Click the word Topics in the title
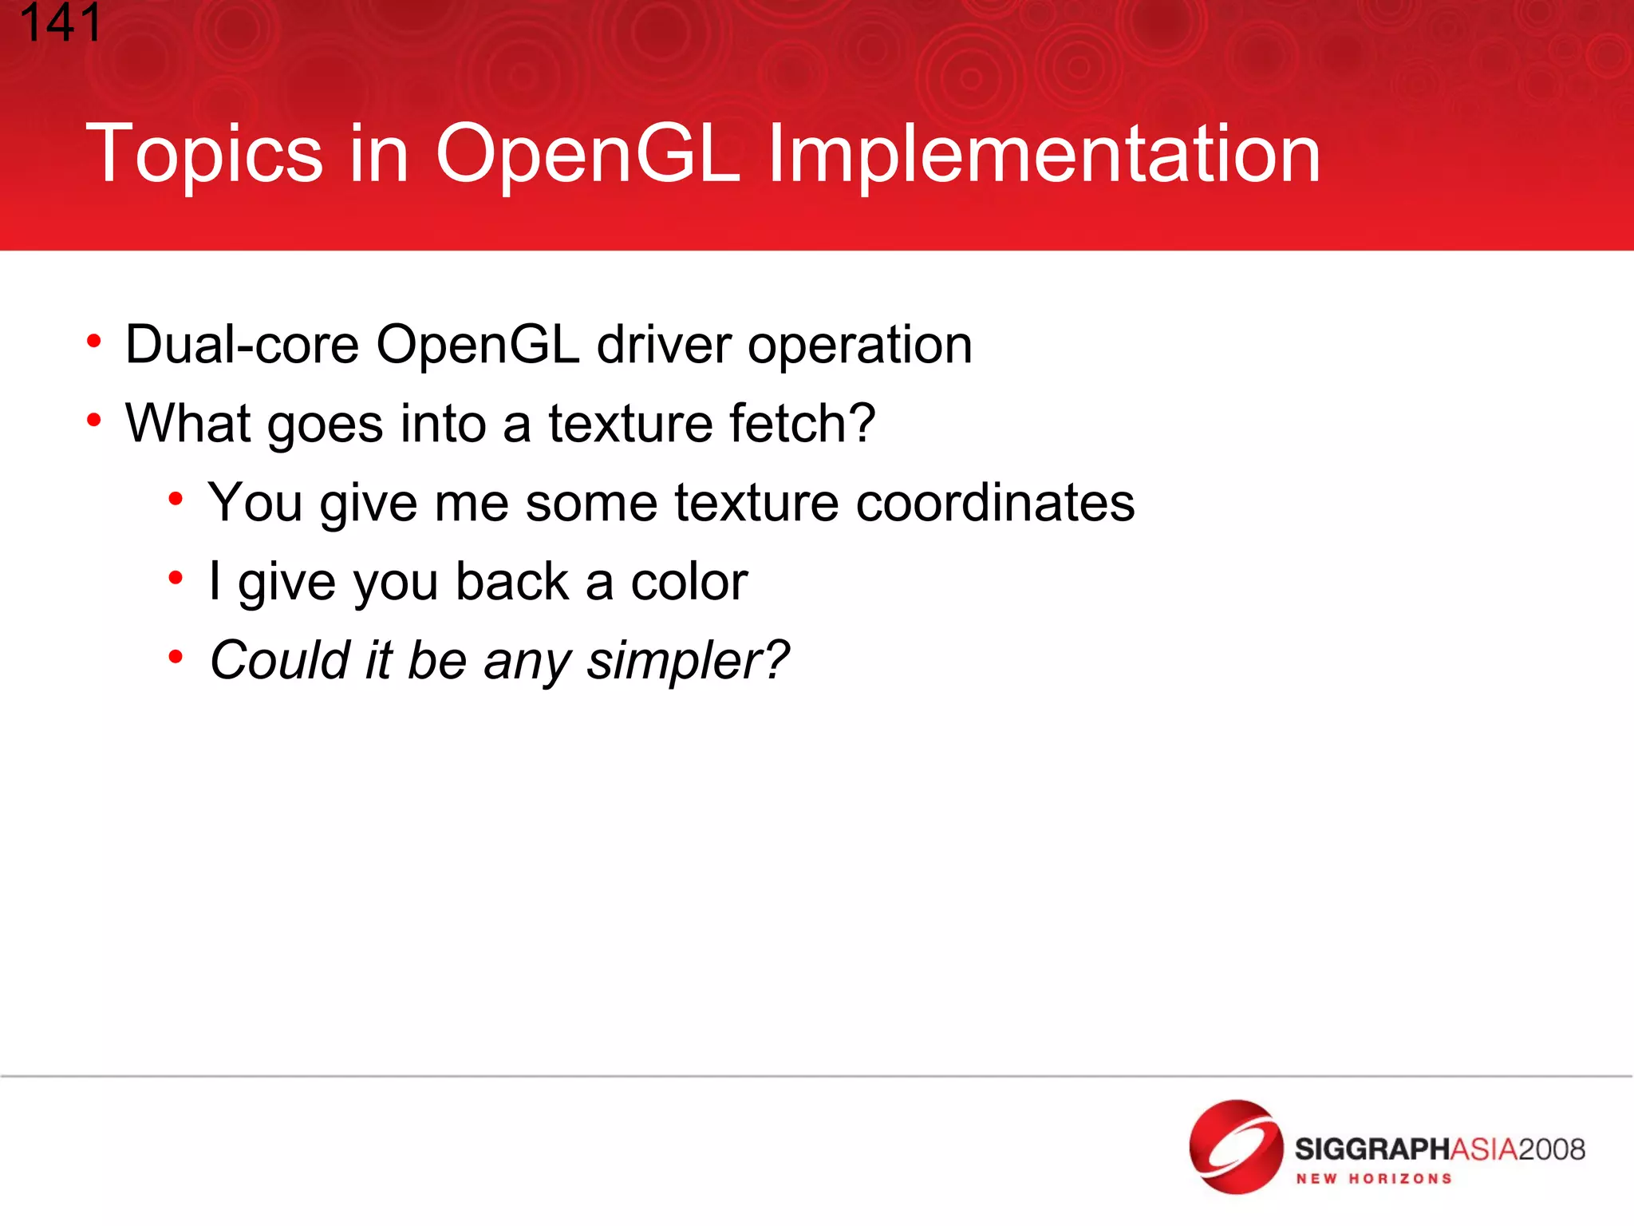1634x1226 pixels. [204, 154]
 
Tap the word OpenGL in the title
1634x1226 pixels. [588, 154]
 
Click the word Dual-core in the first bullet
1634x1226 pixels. [242, 345]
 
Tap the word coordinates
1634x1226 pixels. [995, 503]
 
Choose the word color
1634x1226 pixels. [689, 582]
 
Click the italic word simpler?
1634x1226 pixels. [688, 662]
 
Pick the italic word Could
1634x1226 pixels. [279, 660]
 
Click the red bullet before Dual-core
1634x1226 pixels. [94, 342]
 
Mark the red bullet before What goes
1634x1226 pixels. [94, 420]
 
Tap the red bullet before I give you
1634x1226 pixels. [176, 578]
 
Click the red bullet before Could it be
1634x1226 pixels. [176, 657]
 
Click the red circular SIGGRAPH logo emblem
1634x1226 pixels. [1235, 1147]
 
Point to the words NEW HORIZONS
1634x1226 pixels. [1373, 1179]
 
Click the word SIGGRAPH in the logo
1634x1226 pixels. [1371, 1149]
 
